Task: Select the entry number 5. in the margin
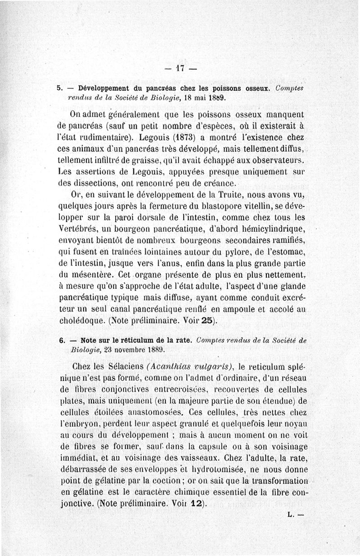[59, 88]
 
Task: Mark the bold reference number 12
[195, 504]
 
